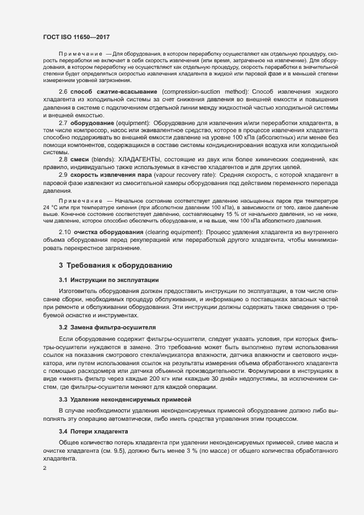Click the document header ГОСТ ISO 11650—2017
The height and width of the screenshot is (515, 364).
(x=77, y=36)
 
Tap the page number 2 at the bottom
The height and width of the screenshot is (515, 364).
(x=45, y=469)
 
